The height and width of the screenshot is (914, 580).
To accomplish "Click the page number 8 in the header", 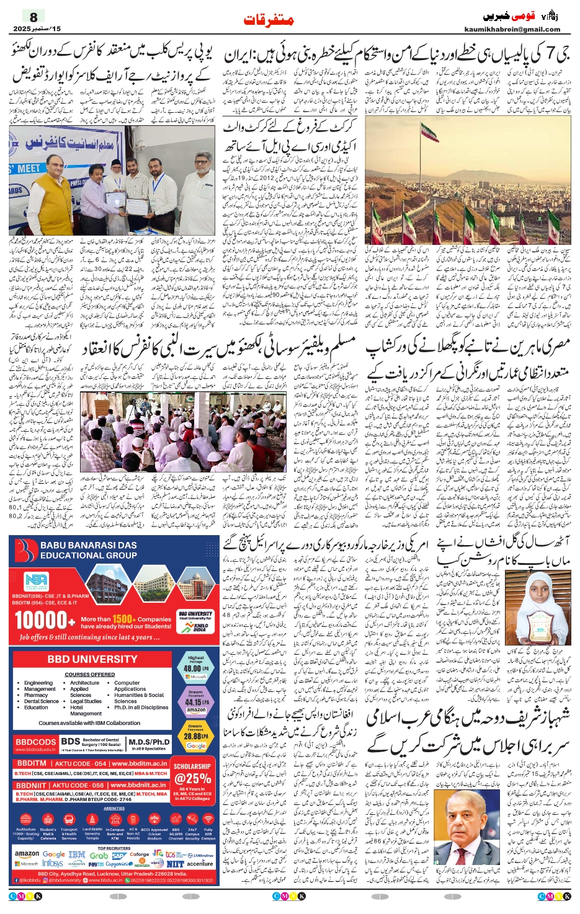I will pos(33,17).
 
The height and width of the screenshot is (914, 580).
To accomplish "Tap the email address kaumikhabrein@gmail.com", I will pos(512,29).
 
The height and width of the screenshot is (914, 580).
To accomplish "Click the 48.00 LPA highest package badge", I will pos(195,665).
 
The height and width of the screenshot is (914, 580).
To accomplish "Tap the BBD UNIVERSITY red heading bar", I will pos(92,660).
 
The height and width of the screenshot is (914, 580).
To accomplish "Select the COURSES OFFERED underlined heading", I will pos(89,674).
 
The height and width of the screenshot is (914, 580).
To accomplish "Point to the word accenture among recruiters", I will pos(200,863).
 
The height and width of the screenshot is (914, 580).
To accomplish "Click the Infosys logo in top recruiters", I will pos(53,863).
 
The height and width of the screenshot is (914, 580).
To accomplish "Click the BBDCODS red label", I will pos(35,742).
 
